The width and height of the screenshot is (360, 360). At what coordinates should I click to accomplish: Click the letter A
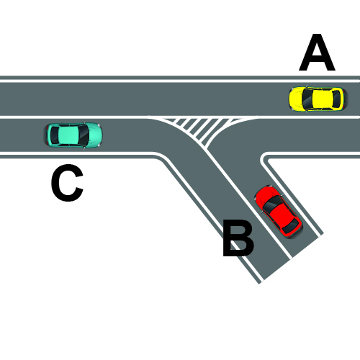(317, 53)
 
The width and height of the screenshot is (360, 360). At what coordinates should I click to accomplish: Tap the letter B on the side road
(238, 238)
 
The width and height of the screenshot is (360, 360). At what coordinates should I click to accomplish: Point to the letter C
(67, 183)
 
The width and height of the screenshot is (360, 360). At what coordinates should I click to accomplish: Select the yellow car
(318, 99)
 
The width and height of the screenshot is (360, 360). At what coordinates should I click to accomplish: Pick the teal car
(73, 135)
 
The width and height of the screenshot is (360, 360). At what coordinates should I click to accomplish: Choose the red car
(279, 212)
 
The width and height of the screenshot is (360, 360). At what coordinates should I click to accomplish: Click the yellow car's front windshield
(307, 99)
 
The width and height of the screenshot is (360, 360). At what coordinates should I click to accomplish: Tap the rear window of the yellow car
(336, 99)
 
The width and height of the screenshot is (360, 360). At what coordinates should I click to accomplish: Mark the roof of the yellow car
(323, 99)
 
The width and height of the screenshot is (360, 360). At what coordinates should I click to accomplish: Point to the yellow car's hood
(296, 99)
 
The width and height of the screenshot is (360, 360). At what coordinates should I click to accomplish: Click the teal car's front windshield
(84, 135)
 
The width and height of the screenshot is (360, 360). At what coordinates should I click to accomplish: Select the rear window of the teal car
(55, 135)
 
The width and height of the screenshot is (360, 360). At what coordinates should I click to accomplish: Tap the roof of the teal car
(68, 135)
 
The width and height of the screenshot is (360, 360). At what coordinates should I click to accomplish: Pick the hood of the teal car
(95, 135)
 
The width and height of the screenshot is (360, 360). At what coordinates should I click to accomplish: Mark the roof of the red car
(281, 215)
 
